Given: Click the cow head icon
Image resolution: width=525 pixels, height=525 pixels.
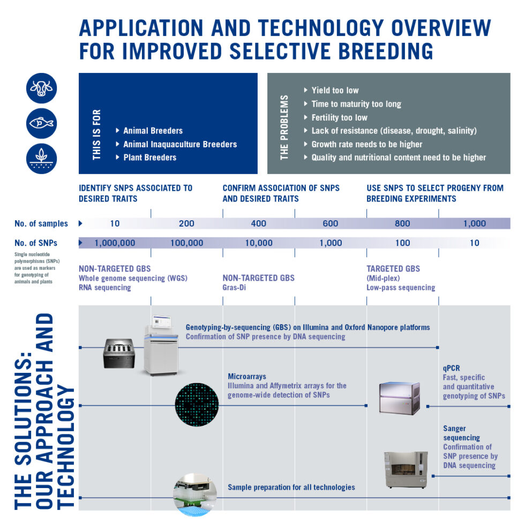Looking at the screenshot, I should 41,88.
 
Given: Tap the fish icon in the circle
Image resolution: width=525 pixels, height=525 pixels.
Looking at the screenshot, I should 41,124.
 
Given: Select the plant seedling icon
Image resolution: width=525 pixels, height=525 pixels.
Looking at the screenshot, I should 41,159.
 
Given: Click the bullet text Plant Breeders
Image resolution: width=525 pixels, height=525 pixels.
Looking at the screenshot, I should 149,157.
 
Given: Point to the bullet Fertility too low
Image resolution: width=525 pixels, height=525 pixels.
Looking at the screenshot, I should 339,117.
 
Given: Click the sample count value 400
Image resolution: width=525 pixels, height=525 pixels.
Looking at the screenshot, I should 258,223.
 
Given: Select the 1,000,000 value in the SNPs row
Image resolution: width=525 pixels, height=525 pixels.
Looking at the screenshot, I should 115,243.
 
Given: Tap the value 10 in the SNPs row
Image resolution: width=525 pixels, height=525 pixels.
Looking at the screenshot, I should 474,243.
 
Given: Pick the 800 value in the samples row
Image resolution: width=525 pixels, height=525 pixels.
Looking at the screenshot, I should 402,223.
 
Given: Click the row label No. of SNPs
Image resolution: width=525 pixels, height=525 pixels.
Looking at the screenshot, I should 36,243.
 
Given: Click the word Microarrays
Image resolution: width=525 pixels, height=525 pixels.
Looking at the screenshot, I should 247,376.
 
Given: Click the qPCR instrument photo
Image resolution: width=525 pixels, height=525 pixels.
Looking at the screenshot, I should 399,399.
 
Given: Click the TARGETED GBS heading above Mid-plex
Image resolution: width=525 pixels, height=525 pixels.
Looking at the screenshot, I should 393,268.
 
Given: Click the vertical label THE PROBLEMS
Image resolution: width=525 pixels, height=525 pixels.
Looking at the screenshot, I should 284,127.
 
